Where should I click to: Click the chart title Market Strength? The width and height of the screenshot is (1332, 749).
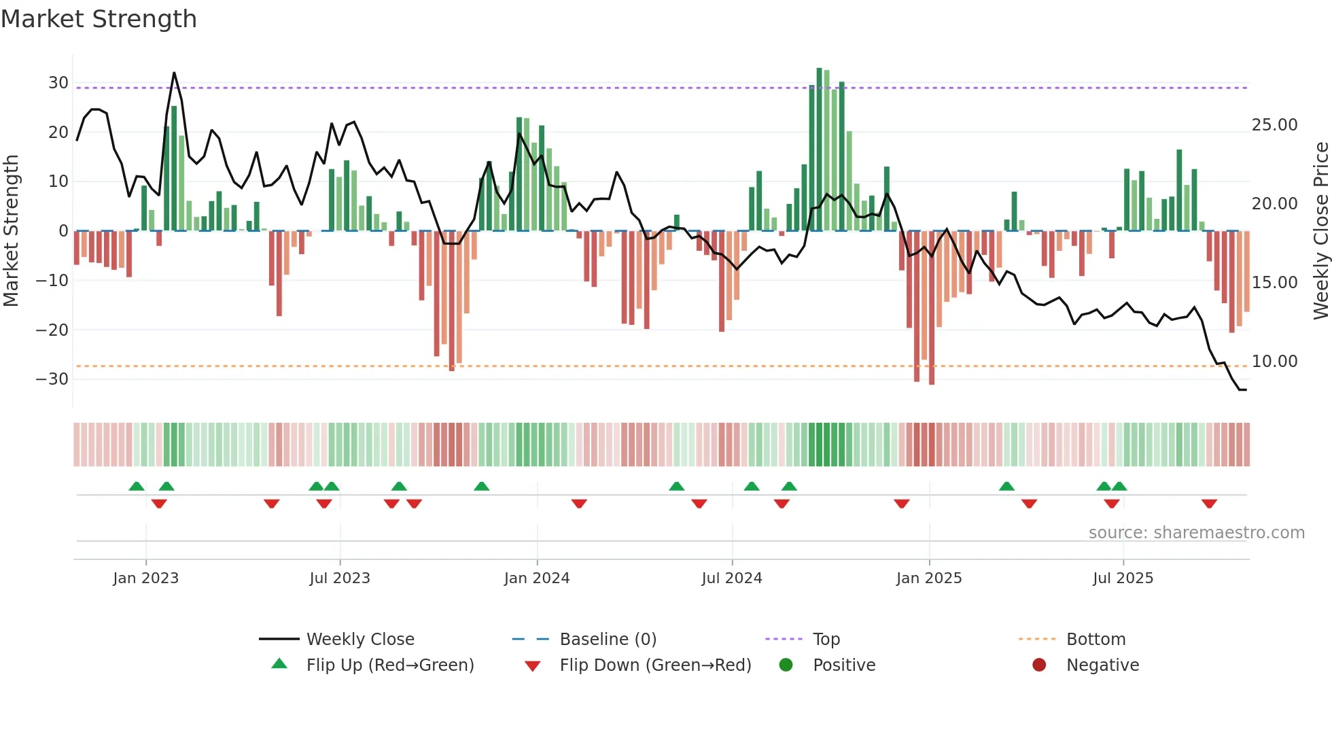[x=99, y=19]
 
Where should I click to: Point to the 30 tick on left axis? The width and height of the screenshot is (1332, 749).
[x=58, y=83]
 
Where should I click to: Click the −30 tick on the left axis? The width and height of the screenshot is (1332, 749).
[x=53, y=379]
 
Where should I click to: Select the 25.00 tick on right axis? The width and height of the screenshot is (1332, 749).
[x=1274, y=125]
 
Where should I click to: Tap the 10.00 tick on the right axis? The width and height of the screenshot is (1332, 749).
[x=1274, y=362]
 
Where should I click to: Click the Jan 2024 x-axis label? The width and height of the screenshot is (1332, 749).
[x=536, y=578]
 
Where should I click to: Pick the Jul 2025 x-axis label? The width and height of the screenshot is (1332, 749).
[x=1123, y=578]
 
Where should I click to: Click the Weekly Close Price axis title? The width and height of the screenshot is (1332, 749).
[x=1320, y=231]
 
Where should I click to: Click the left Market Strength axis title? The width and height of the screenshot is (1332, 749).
[x=11, y=231]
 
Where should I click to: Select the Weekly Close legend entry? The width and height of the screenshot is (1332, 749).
[x=360, y=640]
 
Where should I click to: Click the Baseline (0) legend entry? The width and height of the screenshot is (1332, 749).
[x=608, y=640]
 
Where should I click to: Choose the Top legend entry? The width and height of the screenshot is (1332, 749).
[x=826, y=640]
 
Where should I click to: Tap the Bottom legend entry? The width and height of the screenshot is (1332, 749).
[x=1096, y=640]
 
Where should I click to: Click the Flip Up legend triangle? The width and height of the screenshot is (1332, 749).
[x=279, y=664]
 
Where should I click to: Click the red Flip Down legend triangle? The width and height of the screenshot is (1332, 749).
[x=533, y=666]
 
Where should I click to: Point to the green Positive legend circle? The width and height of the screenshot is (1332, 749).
[x=786, y=665]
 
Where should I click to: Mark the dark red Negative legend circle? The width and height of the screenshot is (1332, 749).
[x=1039, y=665]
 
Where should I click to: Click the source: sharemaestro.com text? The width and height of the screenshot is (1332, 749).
[x=1196, y=533]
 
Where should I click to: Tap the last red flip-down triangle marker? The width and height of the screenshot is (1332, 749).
[x=1209, y=504]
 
